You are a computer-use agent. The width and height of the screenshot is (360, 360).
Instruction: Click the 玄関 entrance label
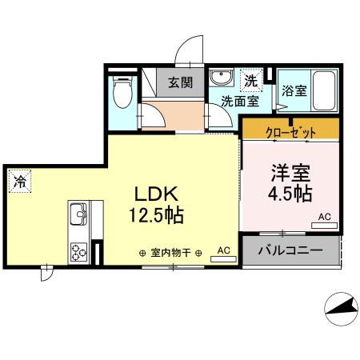point(179,82)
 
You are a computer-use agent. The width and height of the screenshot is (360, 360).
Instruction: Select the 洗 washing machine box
point(251,80)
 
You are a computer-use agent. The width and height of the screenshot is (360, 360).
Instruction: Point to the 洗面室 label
point(239,101)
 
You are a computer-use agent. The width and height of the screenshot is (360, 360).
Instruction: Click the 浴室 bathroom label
point(294,91)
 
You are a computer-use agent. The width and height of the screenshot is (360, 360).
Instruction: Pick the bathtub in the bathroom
point(323,93)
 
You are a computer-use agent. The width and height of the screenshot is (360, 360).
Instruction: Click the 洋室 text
point(290,171)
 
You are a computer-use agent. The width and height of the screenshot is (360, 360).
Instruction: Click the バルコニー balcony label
point(290,250)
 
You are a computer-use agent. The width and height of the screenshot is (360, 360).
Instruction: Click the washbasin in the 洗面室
point(220,79)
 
